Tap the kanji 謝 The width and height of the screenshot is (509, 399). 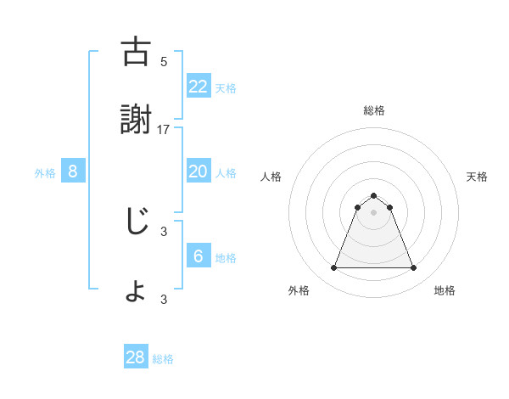(135, 121)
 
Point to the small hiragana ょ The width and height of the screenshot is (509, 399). (135, 292)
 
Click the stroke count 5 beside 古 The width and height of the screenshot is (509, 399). (164, 61)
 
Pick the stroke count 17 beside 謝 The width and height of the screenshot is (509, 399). (164, 130)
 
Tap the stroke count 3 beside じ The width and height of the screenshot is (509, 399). (164, 229)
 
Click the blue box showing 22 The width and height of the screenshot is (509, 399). (198, 86)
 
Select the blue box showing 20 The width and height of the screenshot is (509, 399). (198, 171)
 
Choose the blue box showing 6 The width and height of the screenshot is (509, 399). (198, 256)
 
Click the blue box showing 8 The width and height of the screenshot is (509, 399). (73, 171)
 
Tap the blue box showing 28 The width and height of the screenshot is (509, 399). (135, 357)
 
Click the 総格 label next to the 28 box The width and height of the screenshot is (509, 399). (163, 359)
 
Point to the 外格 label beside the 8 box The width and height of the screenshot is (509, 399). (45, 173)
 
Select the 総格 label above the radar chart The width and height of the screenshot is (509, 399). (374, 110)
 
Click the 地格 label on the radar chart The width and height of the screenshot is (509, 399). (445, 290)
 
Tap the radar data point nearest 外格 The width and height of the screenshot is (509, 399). (333, 268)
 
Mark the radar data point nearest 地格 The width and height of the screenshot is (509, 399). (414, 268)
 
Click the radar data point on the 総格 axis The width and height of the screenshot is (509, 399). (374, 195)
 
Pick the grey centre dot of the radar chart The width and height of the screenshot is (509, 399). (374, 212)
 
